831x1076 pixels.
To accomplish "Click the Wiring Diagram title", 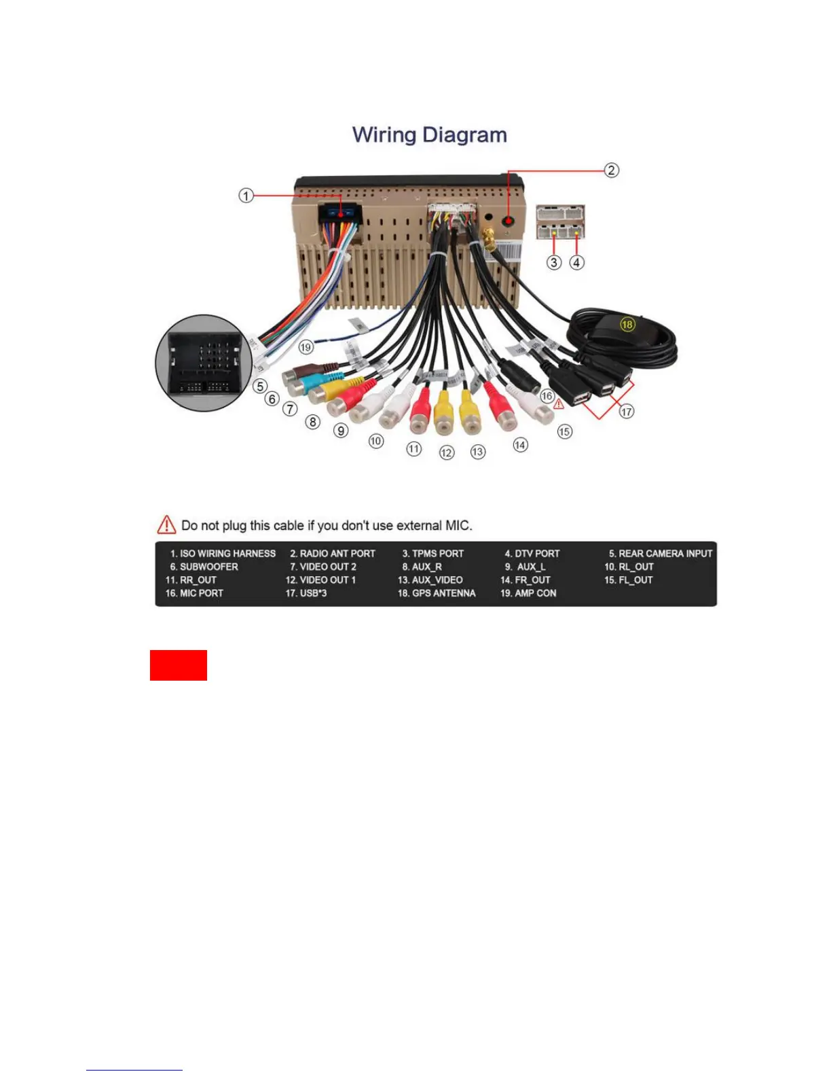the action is click(x=429, y=134).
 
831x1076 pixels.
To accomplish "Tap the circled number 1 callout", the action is click(x=246, y=196).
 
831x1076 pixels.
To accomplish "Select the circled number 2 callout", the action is click(x=611, y=170).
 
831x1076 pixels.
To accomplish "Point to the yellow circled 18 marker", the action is click(x=627, y=324).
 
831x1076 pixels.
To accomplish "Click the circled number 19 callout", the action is click(x=306, y=347).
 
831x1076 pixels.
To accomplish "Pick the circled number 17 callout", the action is click(x=626, y=411).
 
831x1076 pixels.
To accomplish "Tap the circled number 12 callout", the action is click(x=446, y=452).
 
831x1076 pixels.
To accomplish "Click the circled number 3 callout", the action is click(x=554, y=262).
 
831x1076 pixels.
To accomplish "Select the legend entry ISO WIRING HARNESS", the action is click(x=223, y=554).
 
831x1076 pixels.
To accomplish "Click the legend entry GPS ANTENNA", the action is click(x=437, y=593).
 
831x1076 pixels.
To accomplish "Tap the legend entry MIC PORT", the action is click(x=194, y=593).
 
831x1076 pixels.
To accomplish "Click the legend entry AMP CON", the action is click(x=528, y=593).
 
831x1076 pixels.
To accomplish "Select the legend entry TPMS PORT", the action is click(x=433, y=554).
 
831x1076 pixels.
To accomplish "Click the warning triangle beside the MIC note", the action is click(x=166, y=525).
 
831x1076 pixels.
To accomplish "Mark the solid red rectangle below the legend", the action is click(x=179, y=665).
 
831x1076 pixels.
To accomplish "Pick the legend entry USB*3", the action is click(x=306, y=593).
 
